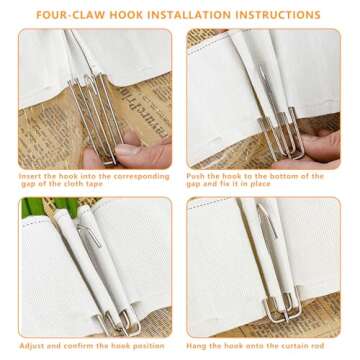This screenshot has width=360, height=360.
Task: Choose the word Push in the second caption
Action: click(196, 175)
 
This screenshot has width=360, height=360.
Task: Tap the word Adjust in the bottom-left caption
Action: click(31, 343)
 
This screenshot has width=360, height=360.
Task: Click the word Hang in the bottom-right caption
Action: click(196, 343)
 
